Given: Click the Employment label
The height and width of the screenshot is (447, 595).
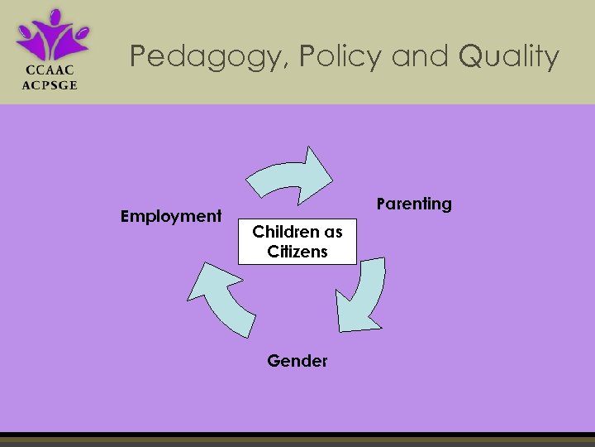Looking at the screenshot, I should click(171, 216).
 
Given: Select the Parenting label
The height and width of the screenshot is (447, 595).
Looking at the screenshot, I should click(414, 204).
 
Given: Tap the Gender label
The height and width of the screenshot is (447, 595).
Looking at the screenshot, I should click(297, 361).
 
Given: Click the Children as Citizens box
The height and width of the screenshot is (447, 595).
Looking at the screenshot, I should click(297, 242).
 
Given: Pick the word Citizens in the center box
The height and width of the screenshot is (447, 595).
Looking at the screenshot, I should click(297, 252).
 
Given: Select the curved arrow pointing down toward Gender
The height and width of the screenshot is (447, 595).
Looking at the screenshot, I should click(363, 294).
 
